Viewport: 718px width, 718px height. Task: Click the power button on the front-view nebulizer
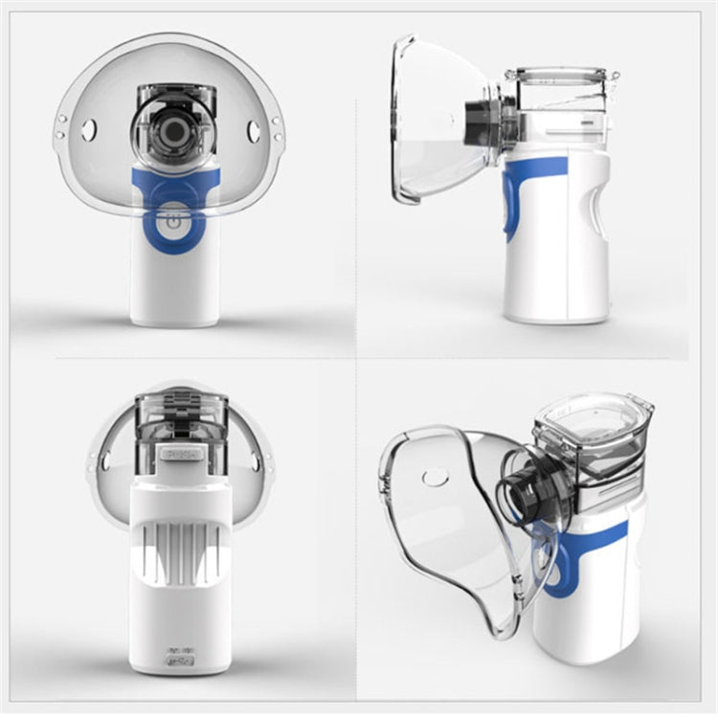[173, 221]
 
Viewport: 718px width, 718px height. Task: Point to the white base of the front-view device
[173, 287]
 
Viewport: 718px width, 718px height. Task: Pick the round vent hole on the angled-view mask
[436, 476]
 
